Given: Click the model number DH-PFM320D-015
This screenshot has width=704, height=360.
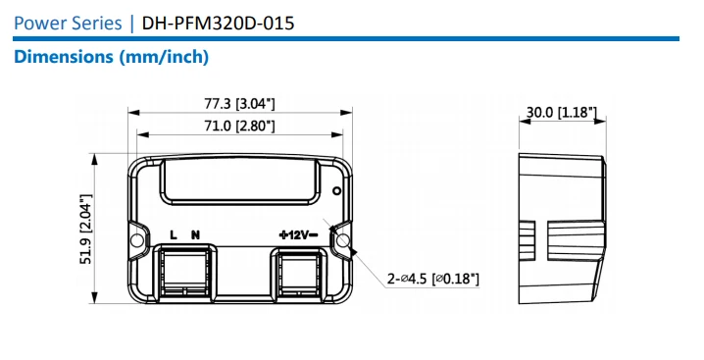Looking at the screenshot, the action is (218, 23).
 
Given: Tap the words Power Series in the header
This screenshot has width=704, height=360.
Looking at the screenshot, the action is (68, 23).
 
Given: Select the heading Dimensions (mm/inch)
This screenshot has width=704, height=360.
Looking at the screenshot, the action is (112, 57).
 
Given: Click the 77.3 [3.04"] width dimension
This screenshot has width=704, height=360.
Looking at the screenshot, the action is (239, 104).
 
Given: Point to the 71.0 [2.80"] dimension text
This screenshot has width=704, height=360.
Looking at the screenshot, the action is (239, 126).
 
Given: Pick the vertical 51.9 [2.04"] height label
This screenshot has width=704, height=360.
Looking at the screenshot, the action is (85, 229).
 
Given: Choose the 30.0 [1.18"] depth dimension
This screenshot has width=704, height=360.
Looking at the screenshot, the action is (562, 112).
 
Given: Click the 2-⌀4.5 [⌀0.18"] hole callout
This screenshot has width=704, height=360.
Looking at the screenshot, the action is (433, 279).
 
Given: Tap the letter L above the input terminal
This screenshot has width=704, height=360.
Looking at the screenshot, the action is (174, 234).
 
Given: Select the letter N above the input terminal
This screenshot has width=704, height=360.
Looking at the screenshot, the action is (195, 234).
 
